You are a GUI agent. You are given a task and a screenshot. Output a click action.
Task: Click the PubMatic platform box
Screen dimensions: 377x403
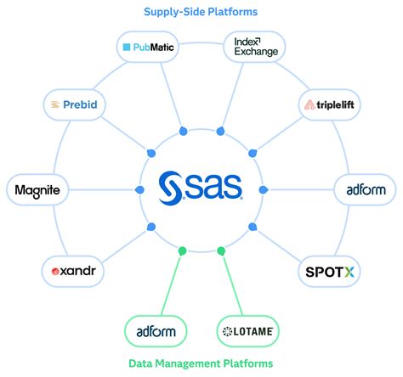click(148, 48)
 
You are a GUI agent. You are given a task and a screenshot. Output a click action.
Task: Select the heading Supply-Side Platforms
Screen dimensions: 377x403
click(201, 12)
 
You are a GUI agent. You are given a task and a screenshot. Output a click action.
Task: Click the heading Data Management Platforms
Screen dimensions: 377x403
click(201, 363)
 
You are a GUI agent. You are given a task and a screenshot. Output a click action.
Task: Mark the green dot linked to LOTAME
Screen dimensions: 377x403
click(222, 250)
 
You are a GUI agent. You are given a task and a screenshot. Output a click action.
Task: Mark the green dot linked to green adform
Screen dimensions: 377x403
click(181, 250)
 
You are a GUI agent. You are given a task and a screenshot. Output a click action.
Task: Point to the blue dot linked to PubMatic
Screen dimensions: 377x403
click(181, 131)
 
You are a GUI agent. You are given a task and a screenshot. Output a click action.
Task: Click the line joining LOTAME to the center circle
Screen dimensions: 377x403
click(234, 285)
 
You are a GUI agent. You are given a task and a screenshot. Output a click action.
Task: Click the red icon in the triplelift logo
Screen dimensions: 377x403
click(310, 105)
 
